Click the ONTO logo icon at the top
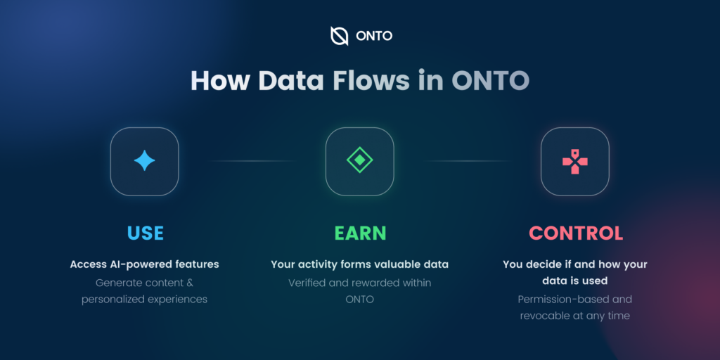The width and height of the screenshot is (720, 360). [339, 36]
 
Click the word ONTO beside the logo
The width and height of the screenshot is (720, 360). [374, 37]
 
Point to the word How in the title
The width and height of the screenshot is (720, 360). [220, 80]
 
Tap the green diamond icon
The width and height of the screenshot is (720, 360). [359, 160]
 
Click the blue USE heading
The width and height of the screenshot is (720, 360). [145, 233]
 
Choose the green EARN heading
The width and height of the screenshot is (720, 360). [360, 233]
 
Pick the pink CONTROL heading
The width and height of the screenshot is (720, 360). [576, 233]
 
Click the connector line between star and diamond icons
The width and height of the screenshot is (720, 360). [252, 161]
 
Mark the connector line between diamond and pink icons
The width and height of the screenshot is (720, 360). [468, 161]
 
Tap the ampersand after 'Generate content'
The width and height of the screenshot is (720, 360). [191, 283]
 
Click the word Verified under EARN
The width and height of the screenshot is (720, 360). [305, 283]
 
